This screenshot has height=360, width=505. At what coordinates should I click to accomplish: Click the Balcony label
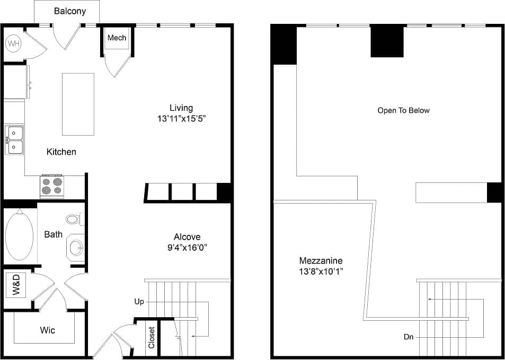pos(69,11)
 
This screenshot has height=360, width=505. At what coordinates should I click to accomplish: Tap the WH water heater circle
pos(13,43)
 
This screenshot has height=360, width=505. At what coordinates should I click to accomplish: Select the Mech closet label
pos(117,38)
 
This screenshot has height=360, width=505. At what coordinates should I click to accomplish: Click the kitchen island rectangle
pos(78,104)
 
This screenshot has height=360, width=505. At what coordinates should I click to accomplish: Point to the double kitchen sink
pos(15,139)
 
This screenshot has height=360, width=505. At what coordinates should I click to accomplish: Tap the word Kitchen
pos(61,152)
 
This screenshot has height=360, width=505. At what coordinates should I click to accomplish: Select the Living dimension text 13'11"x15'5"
pos(181,119)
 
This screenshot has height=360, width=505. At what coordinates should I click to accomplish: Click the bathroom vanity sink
pos(76,247)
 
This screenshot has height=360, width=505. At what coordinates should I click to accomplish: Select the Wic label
pos(48,330)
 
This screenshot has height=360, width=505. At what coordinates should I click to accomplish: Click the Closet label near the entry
pos(152,337)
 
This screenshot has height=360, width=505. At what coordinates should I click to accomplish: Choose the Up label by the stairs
pos(139,302)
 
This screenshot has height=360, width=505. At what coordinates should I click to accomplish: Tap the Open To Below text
pos(403,110)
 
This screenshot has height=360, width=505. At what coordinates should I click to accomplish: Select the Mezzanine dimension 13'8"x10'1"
pos(321,271)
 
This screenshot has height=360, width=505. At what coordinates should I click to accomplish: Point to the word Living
pos(181,108)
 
